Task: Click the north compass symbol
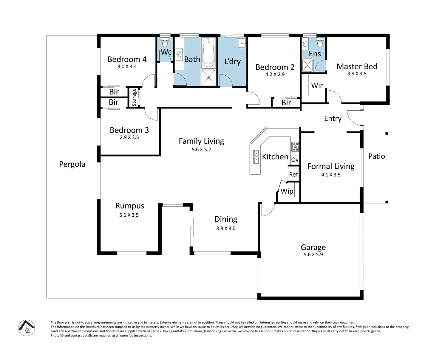27,328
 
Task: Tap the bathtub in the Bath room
208,53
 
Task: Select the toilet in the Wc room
165,42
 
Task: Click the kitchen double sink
256,157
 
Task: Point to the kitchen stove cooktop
295,146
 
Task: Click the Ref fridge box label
293,174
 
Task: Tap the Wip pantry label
287,191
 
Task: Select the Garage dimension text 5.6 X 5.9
313,254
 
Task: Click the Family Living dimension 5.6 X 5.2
201,150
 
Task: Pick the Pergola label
72,164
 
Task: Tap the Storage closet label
134,97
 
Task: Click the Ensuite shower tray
307,65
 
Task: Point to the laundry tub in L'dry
242,43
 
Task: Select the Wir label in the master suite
317,85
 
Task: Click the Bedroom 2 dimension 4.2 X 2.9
275,74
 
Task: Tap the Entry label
333,119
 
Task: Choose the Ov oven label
295,159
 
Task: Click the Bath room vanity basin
179,55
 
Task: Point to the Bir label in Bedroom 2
286,103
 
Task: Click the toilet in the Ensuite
320,42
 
